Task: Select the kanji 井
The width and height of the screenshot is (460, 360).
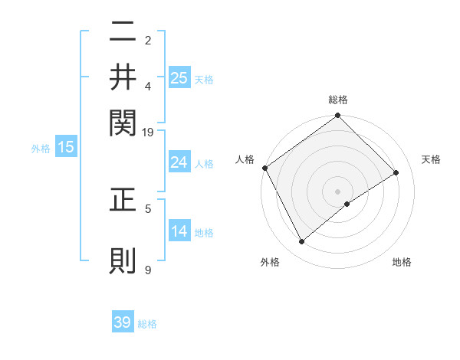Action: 123,77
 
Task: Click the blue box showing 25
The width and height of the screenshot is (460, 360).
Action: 179,77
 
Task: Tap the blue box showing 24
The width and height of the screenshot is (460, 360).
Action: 179,162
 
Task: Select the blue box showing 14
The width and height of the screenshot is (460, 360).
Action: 179,231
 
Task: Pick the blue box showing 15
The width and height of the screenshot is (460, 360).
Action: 66,148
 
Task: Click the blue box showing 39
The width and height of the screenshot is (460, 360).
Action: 123,322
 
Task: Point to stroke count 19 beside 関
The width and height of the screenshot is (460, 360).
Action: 148,133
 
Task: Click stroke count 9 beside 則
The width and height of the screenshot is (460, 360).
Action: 148,270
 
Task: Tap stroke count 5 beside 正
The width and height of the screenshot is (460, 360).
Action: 148,208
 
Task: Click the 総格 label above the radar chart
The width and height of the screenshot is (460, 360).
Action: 338,100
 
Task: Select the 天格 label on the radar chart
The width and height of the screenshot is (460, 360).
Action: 432,159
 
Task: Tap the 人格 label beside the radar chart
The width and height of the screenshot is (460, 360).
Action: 245,159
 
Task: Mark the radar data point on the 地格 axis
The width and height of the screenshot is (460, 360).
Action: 347,204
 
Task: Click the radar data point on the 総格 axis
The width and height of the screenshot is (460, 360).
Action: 338,116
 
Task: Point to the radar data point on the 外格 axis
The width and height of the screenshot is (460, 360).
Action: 301,242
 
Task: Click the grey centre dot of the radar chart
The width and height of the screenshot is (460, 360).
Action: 338,191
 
